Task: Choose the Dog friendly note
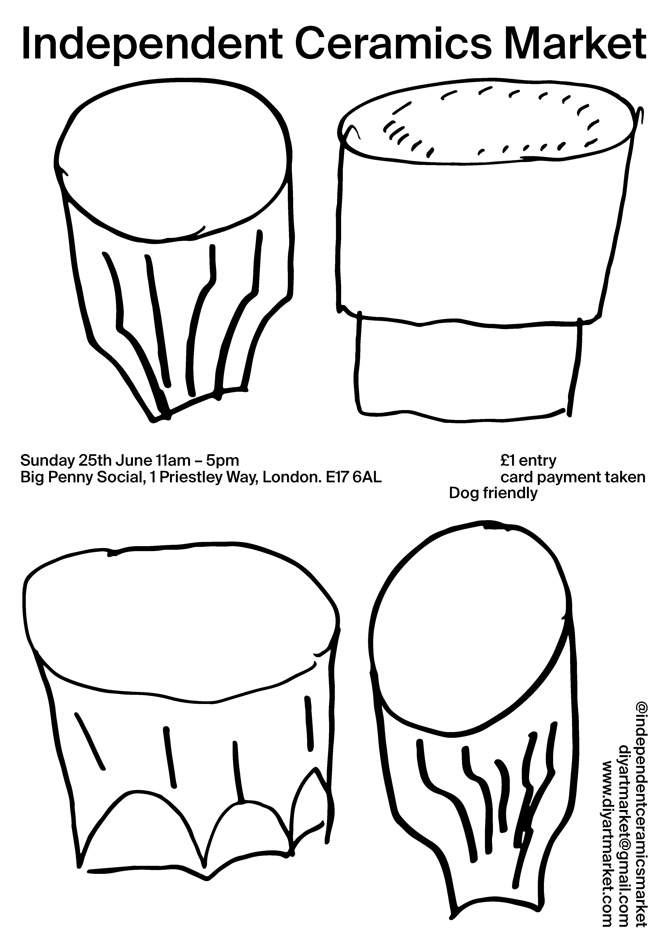click(x=493, y=493)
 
